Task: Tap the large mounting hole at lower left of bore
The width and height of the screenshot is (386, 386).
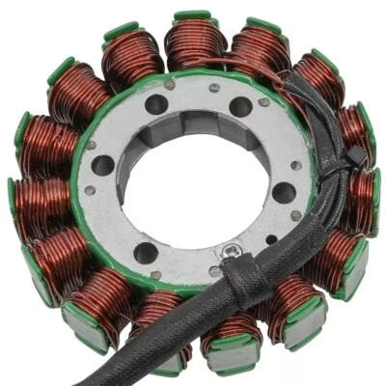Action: coord(145,253)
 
